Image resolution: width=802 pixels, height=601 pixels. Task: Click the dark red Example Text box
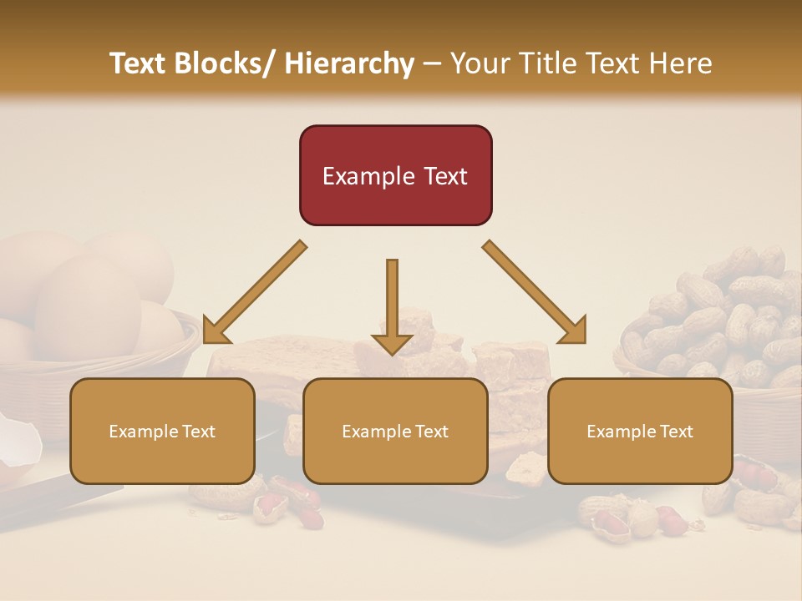pyautogui.click(x=395, y=175)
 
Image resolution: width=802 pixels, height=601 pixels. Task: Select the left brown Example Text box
pyautogui.click(x=162, y=432)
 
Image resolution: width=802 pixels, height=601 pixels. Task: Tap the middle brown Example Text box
pyautogui.click(x=395, y=432)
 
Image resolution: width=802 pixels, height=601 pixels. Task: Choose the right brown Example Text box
pyautogui.click(x=640, y=432)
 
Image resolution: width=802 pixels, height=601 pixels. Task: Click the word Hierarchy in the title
pyautogui.click(x=350, y=63)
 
